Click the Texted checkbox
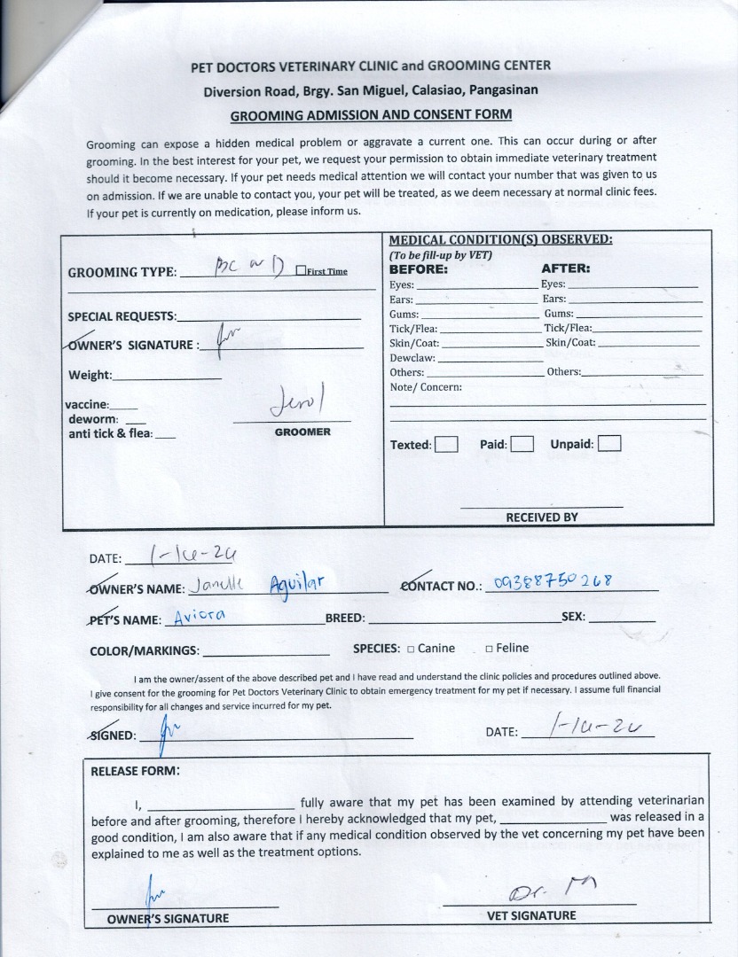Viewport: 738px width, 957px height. coord(446,444)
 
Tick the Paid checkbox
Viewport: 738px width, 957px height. coord(522,444)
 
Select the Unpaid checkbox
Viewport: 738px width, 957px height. coord(609,443)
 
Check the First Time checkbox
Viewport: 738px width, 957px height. coord(301,271)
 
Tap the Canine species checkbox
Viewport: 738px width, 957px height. coord(411,649)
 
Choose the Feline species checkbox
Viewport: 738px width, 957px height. coord(489,649)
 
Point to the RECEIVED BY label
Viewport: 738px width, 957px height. coord(541,517)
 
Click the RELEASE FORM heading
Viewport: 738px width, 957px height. coord(135,770)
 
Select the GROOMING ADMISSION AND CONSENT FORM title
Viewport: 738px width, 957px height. coord(371,115)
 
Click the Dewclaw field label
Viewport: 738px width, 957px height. coord(412,358)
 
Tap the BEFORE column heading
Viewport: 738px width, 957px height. coord(419,268)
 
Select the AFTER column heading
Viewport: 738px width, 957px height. coord(565,268)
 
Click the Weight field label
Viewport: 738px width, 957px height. coord(90,375)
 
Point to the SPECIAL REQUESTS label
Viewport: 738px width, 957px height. coord(122,316)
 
